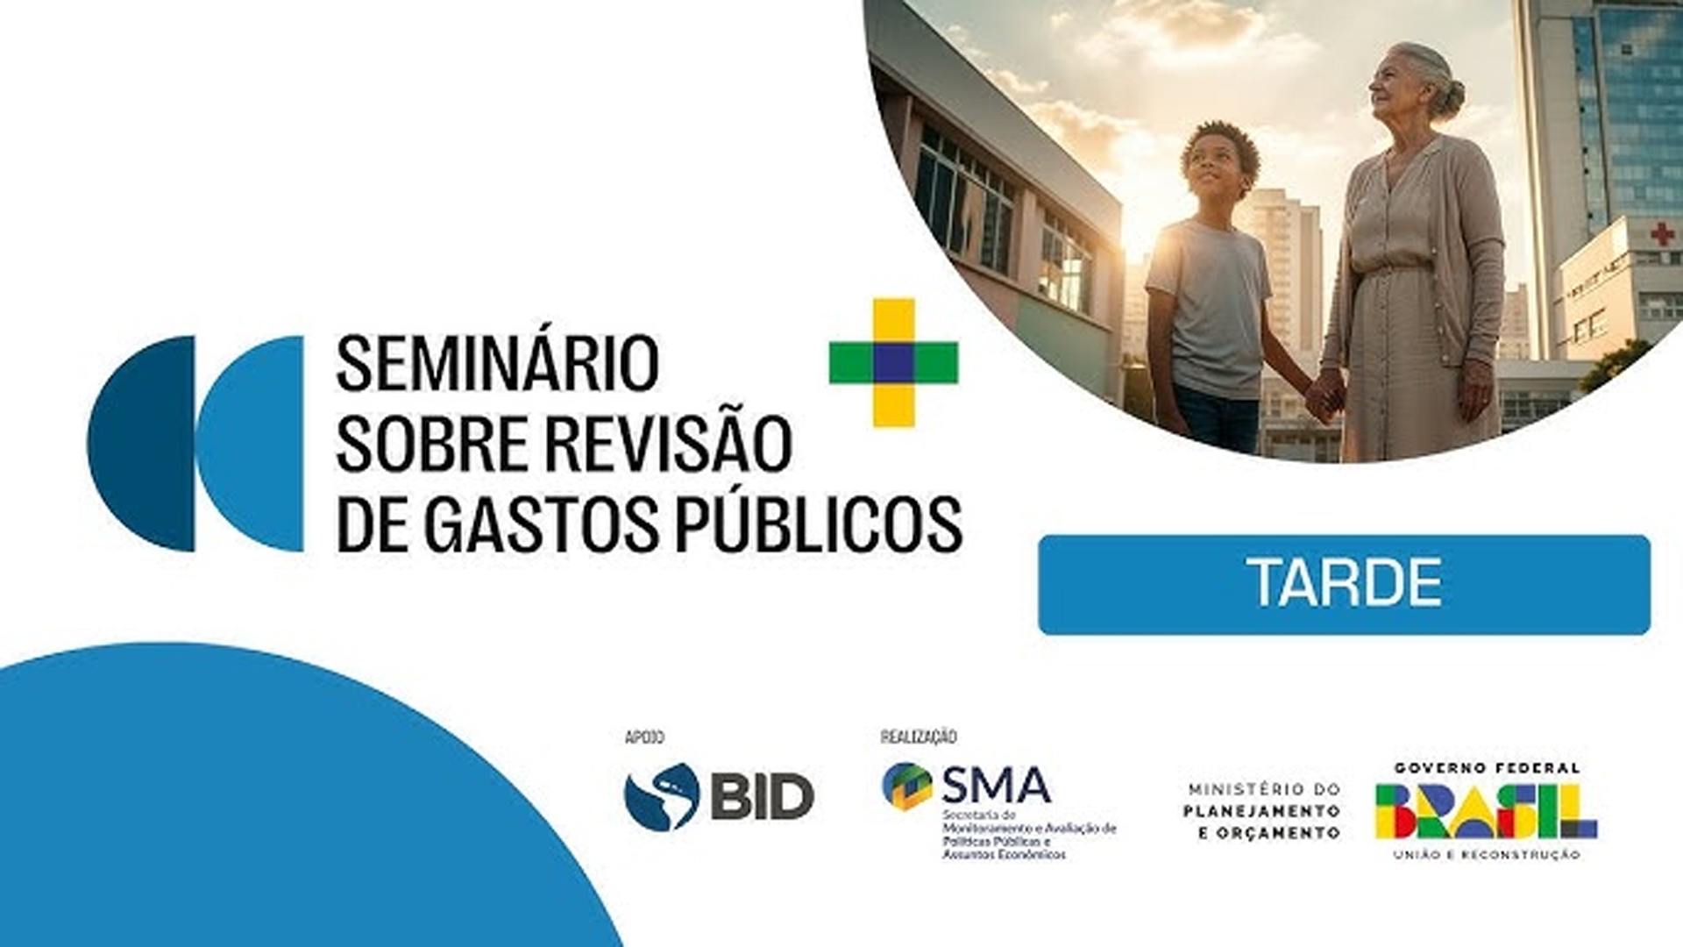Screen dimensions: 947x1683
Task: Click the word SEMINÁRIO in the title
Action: click(x=497, y=364)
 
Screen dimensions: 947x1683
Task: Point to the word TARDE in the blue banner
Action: click(x=1345, y=583)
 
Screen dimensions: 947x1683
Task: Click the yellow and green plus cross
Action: click(x=893, y=362)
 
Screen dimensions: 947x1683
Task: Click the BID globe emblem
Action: click(x=661, y=796)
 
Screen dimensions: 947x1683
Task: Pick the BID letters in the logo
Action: click(x=761, y=797)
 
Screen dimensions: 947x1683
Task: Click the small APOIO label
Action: click(x=644, y=737)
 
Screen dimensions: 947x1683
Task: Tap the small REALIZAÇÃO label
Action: click(x=918, y=737)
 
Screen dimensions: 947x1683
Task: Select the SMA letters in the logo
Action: click(x=996, y=785)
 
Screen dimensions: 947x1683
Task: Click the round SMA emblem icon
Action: click(x=906, y=786)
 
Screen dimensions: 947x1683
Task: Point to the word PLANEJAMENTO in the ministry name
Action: click(x=1261, y=811)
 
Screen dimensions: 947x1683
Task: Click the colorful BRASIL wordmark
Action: click(x=1485, y=811)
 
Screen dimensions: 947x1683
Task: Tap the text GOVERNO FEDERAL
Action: click(x=1488, y=768)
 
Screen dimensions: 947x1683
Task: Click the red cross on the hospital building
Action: click(x=1662, y=233)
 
